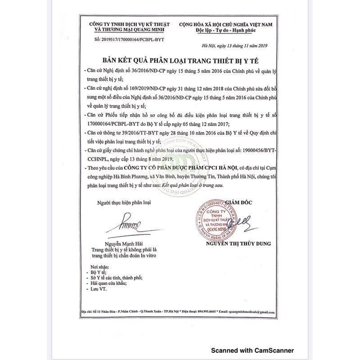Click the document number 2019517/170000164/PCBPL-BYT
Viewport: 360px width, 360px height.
tap(124, 40)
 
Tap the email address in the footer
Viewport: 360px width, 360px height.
tap(248, 311)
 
